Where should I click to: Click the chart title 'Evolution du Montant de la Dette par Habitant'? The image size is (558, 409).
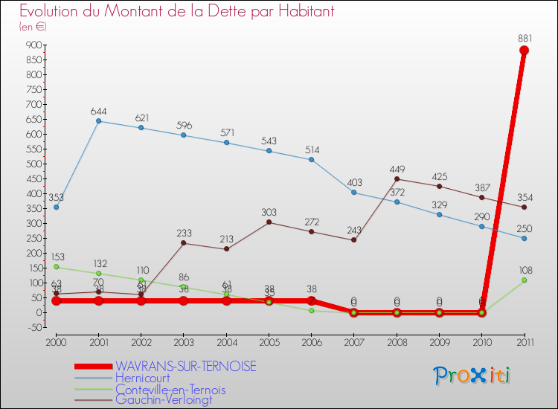[x=176, y=11]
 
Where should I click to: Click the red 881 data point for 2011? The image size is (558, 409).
[x=524, y=51]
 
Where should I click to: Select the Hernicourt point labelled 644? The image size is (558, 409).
[x=98, y=121]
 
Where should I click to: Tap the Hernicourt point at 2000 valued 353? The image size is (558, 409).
[x=56, y=207]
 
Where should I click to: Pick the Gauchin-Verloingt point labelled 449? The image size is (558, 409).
[x=397, y=178]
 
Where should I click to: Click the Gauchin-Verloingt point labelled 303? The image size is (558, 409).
[x=269, y=222]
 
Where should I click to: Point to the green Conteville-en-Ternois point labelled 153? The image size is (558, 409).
[x=56, y=266]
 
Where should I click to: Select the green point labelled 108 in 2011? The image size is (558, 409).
[x=524, y=280]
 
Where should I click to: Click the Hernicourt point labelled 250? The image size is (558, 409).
[x=524, y=238]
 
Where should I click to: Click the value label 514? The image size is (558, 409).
[x=312, y=149]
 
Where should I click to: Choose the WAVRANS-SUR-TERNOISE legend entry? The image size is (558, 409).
[x=185, y=366]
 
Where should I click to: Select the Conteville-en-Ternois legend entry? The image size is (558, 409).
[x=170, y=389]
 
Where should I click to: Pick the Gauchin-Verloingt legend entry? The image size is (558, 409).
[x=164, y=400]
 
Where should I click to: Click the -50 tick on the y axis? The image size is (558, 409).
[x=33, y=327]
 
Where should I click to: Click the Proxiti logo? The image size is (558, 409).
[x=473, y=376]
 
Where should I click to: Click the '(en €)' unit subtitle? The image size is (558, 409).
[x=33, y=27]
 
